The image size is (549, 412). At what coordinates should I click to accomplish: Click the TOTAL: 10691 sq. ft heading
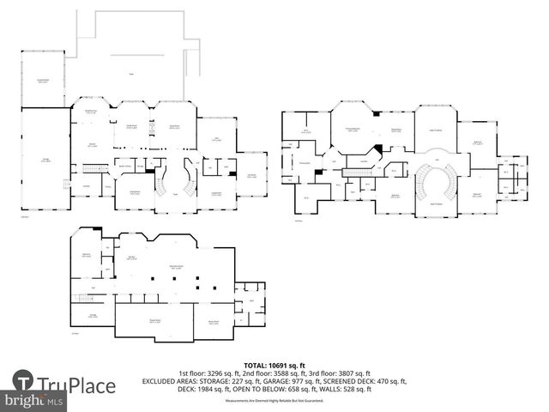point(274,365)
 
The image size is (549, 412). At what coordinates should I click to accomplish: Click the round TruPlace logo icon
point(23,381)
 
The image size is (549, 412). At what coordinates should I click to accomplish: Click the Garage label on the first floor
point(45,161)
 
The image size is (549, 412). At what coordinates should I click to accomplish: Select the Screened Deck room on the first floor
point(42,81)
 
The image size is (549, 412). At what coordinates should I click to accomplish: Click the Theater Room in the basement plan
point(154,321)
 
